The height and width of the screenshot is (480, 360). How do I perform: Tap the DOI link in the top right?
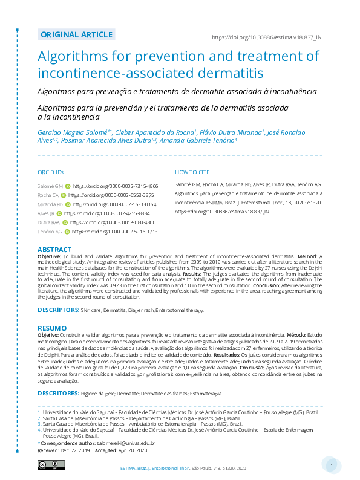coord(267,37)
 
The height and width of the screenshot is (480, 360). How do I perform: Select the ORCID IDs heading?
coord(50,172)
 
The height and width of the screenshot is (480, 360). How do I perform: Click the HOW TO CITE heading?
coord(192,172)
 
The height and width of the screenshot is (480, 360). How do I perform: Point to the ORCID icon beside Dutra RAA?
coord(65,222)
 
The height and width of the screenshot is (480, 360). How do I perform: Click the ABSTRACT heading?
coord(54,250)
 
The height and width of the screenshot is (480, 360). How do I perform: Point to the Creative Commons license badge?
coord(51,464)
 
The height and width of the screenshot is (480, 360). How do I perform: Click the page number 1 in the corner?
coord(332,465)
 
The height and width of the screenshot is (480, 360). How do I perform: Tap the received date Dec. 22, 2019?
coord(76,450)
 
